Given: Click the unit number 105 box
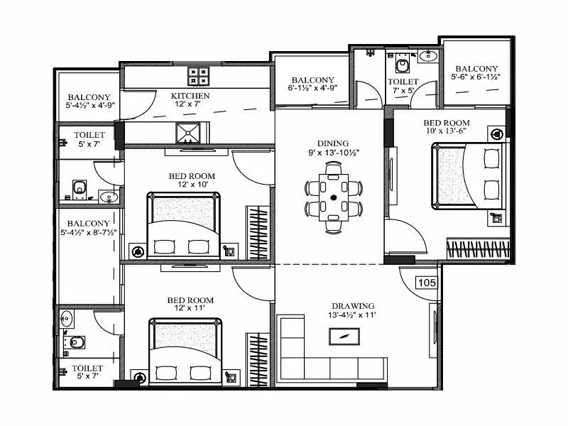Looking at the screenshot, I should point(427,282).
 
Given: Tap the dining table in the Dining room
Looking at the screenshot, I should point(333,197).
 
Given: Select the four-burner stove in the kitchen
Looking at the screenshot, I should point(198,75).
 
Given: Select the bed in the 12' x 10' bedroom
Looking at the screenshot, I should point(181,225).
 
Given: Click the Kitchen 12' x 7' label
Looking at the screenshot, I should point(190,101).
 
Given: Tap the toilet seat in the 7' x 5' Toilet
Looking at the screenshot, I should point(403,66).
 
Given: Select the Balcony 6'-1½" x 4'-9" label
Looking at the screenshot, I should point(312,84).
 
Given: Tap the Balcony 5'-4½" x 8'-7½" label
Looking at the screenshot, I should point(88,228).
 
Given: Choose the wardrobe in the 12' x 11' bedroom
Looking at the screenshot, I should point(255,355).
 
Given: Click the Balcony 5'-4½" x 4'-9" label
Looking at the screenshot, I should point(89,102).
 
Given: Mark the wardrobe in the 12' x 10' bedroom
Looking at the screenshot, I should point(255,231).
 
